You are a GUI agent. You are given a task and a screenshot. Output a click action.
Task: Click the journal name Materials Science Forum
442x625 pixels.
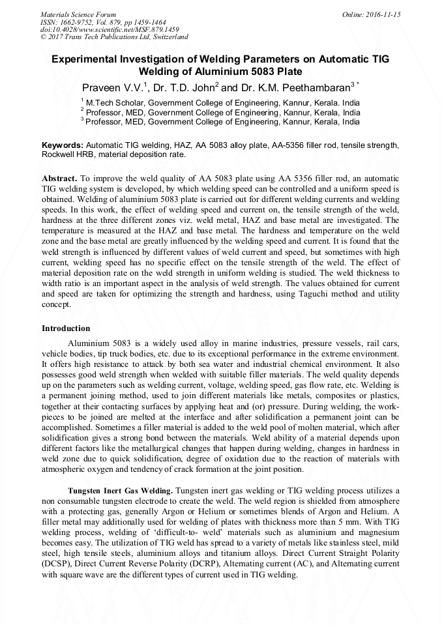tap(78, 14)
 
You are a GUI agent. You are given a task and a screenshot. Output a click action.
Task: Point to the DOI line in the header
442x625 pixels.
tap(110, 30)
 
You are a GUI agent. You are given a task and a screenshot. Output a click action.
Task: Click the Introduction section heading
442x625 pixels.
tap(66, 328)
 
